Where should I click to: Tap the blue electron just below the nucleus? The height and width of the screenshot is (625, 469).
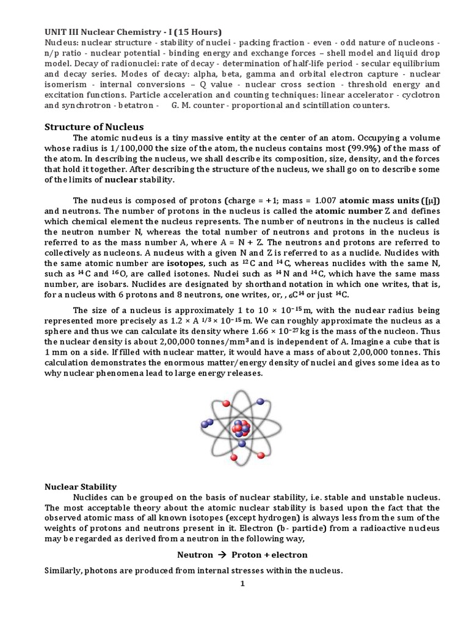[x=243, y=444]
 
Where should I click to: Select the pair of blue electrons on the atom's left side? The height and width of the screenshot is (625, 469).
[x=208, y=422]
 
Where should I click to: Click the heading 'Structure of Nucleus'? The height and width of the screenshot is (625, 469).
[x=94, y=127]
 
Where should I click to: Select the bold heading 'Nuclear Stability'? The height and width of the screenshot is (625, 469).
[x=81, y=486]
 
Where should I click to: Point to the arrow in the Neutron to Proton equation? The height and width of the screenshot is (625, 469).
[x=222, y=555]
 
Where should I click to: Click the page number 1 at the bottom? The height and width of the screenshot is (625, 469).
[x=242, y=584]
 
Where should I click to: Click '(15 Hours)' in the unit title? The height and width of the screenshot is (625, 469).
[x=197, y=32]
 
